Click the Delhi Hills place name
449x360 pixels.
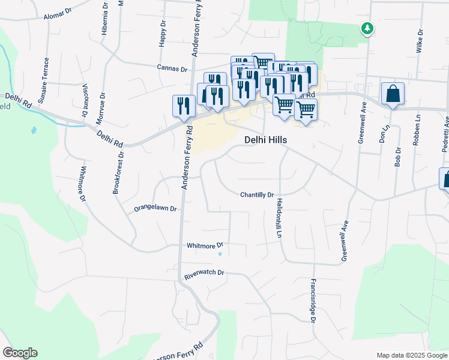[265, 140]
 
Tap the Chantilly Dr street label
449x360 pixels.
[257, 195]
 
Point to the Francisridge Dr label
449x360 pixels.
[313, 300]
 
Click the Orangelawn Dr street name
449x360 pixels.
[155, 209]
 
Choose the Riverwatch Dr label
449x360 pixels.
[204, 272]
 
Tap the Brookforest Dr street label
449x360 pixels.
[118, 172]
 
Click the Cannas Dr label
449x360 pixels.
[172, 69]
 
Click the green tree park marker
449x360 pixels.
[367, 28]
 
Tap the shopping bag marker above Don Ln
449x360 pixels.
[393, 94]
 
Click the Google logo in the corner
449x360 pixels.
[20, 353]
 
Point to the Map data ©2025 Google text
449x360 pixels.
[411, 355]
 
